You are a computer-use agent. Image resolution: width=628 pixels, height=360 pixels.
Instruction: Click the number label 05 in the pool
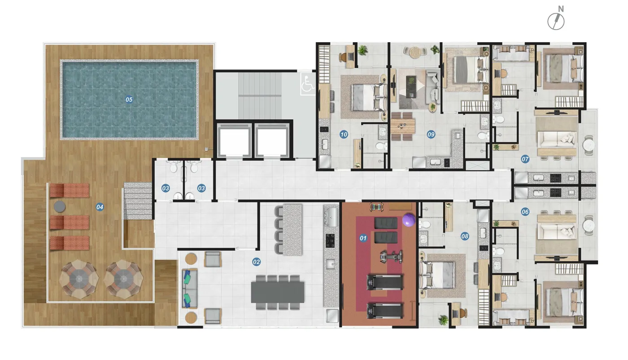point(129,99)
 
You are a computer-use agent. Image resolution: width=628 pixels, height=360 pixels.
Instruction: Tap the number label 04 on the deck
point(100,207)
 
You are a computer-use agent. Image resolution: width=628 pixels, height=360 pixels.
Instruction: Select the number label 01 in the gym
point(363,238)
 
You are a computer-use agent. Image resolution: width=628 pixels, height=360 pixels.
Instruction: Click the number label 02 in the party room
point(256,262)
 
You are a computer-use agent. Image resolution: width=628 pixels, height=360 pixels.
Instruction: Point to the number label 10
point(344,134)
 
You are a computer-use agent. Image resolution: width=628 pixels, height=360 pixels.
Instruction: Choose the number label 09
point(431,134)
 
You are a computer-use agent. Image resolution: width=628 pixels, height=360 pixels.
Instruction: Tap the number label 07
point(525,159)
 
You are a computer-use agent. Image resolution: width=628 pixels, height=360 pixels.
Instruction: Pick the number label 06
point(525,212)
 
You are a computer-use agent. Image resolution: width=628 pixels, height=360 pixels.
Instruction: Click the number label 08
point(465,236)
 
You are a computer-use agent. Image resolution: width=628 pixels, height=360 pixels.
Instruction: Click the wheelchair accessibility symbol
point(308,84)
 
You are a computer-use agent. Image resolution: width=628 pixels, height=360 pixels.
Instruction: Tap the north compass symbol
point(556,19)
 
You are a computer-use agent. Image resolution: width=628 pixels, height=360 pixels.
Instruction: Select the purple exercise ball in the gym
point(409,220)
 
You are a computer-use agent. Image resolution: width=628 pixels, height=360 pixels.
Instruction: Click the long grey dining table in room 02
point(278,292)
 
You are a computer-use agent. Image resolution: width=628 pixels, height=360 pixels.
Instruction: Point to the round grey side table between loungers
point(60,206)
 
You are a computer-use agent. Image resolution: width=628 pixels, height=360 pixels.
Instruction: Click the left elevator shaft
point(234,140)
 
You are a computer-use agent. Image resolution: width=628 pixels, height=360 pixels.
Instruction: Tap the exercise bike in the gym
point(391,256)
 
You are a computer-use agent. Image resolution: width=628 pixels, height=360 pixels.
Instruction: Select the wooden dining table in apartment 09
point(403,126)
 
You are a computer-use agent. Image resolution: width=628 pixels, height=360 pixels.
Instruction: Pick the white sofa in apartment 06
point(557,231)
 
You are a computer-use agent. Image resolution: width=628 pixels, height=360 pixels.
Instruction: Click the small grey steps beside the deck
point(138,201)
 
